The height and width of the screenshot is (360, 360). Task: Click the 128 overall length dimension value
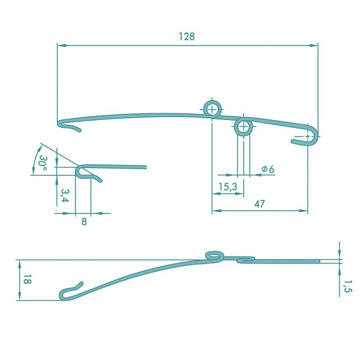click(x=187, y=37)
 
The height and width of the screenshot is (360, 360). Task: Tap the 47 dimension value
click(x=259, y=204)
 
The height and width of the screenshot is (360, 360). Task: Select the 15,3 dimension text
click(x=227, y=187)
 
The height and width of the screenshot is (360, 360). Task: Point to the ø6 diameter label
click(x=268, y=169)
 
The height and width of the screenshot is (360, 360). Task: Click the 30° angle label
click(x=43, y=163)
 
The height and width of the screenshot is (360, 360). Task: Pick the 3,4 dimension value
click(x=65, y=196)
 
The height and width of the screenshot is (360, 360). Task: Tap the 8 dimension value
click(x=84, y=222)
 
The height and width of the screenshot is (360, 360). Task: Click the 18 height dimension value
click(x=28, y=279)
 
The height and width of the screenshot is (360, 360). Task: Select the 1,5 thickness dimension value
click(x=347, y=286)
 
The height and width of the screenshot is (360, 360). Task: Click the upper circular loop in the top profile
click(x=212, y=101)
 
